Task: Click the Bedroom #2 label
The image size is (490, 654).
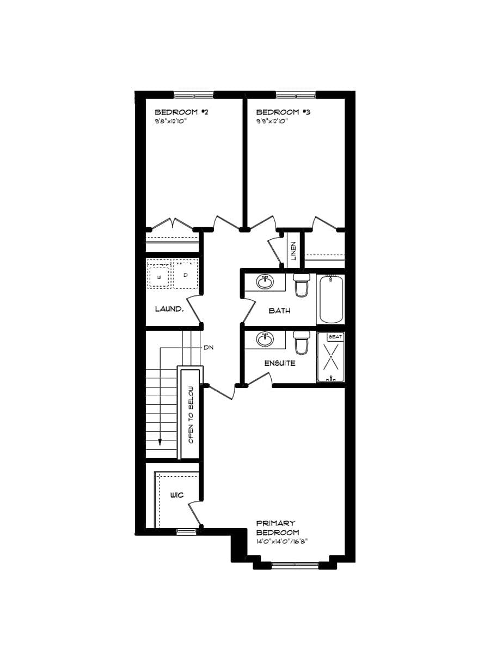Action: tap(182, 112)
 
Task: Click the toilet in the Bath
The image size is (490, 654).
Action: tap(301, 285)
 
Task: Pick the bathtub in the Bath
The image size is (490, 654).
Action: tap(331, 300)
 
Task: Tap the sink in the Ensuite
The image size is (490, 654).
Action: tap(265, 340)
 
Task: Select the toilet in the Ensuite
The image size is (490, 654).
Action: tap(301, 342)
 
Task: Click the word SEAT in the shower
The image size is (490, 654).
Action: tap(335, 337)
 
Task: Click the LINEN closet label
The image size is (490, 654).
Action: tap(293, 250)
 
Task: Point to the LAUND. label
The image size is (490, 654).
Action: tap(169, 309)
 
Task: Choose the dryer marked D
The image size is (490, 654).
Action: tap(186, 275)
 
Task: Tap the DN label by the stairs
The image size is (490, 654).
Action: tap(207, 347)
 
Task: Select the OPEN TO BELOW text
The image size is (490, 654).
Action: tap(191, 414)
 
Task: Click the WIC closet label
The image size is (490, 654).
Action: tap(176, 495)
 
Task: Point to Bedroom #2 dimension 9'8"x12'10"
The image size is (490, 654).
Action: tap(174, 121)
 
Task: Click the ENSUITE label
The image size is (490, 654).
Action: tap(280, 364)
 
